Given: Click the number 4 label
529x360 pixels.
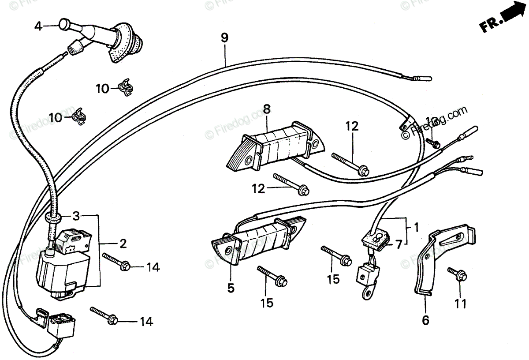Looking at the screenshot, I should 38,26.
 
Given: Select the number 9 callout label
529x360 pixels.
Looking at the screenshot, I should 224,38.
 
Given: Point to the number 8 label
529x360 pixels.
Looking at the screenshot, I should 267,109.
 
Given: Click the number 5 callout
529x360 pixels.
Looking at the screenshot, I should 231,288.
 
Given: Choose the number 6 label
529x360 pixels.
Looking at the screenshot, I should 425,321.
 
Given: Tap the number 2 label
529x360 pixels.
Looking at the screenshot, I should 123,243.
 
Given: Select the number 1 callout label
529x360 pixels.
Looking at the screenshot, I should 416,228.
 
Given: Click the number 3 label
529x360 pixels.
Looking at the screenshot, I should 76,217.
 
